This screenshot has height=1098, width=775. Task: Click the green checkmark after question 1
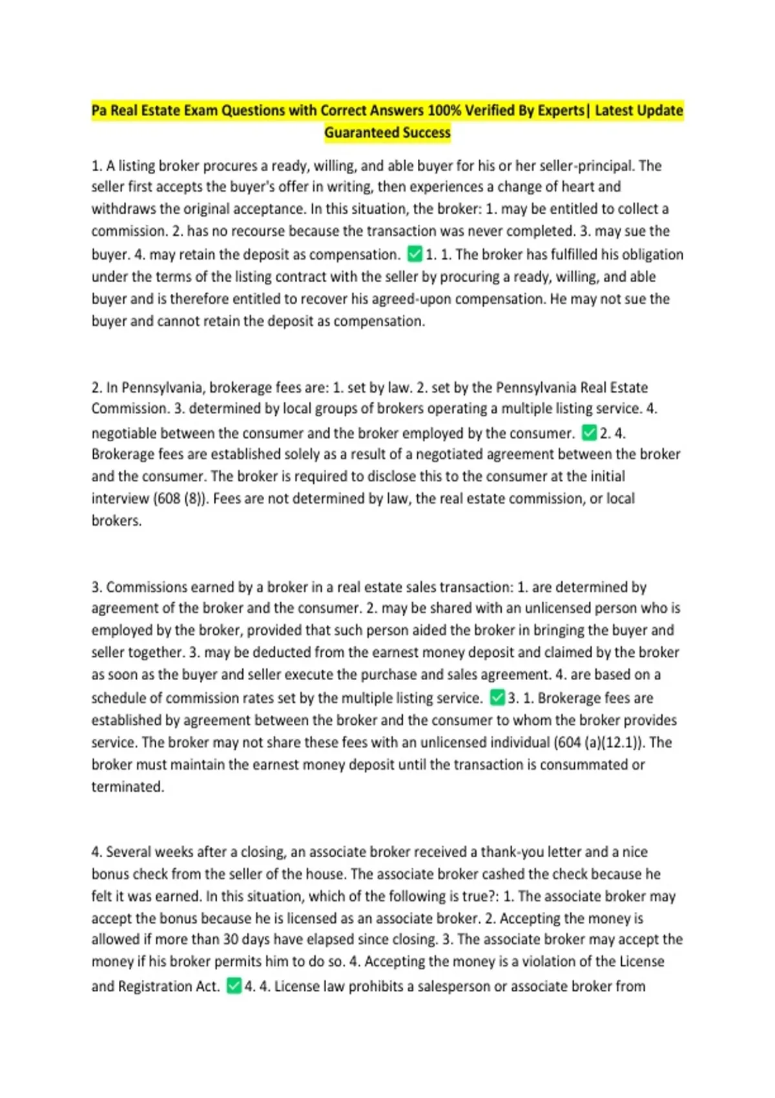pos(415,254)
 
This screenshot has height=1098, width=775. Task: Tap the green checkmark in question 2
pos(588,432)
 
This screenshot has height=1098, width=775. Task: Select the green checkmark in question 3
pos(497,698)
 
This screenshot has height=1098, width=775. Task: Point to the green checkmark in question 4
pos(234,986)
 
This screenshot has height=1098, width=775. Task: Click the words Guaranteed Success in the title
pos(387,132)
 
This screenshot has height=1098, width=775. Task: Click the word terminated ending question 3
pos(127,787)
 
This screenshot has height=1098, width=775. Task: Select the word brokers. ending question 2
pos(116,521)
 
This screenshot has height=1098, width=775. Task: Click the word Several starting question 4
pos(129,852)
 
